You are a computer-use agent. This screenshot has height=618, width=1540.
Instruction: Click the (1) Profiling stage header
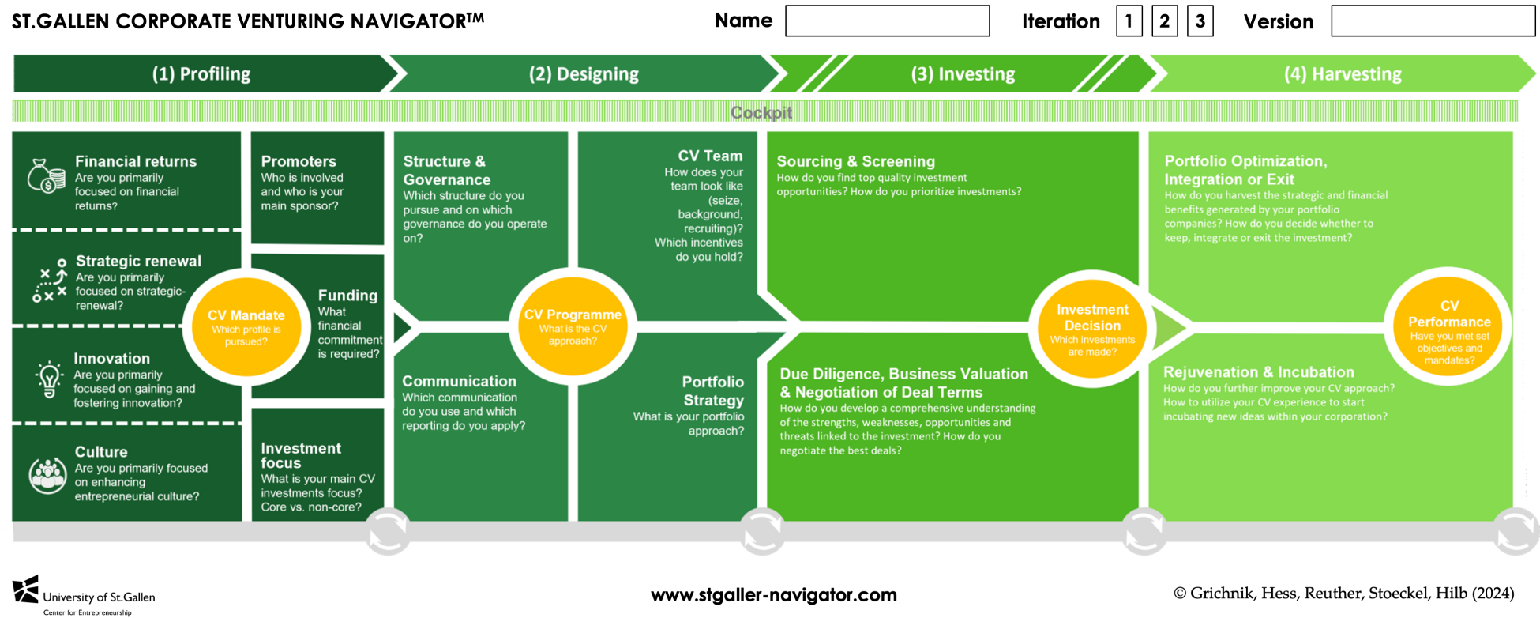click(201, 74)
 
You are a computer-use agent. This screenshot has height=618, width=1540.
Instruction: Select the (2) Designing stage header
click(584, 74)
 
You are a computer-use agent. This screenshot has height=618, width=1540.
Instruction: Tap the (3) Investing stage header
click(963, 74)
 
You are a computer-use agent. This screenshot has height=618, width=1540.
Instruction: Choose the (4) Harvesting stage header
click(1343, 74)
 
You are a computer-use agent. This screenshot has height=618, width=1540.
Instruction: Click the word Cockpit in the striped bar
click(761, 112)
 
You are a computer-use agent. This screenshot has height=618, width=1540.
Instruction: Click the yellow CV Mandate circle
click(246, 326)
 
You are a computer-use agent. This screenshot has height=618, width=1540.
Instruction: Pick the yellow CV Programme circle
click(573, 326)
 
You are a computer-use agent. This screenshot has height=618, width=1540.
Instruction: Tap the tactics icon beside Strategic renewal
click(50, 281)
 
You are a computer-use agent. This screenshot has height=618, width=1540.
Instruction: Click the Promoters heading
click(299, 161)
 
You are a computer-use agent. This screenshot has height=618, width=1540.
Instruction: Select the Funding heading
click(347, 296)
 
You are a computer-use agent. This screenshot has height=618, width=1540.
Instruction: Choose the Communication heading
click(459, 381)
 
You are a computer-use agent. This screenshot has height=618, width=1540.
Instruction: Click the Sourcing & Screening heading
click(855, 161)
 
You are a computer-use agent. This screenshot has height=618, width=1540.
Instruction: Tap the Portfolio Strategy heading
click(712, 391)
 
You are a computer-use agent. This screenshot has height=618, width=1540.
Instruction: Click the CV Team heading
click(710, 156)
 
